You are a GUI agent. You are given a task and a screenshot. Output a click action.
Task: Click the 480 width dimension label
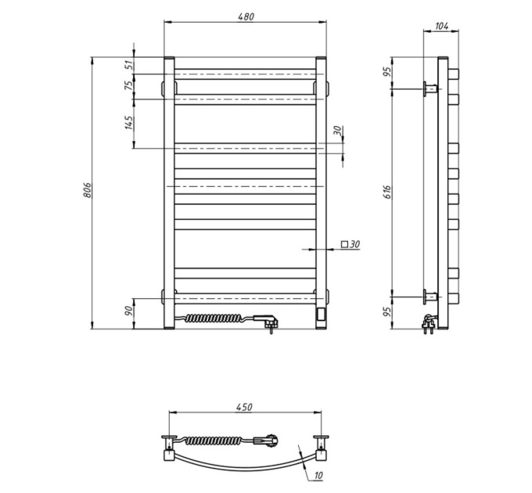(246, 16)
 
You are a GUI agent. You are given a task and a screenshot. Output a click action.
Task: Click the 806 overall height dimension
(87, 190)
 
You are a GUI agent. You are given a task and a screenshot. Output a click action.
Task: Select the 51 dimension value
(129, 65)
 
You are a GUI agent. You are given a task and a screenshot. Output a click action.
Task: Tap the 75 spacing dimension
(129, 85)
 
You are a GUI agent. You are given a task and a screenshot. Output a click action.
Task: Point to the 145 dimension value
(129, 123)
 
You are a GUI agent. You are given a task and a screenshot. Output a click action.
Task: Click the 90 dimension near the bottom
(128, 311)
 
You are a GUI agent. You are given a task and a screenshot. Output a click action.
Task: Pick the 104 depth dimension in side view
(441, 26)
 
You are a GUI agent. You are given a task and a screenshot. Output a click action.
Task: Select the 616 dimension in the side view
(388, 192)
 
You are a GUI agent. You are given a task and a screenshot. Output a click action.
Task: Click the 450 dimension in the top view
(245, 407)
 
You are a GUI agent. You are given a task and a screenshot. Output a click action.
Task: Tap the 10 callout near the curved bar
(318, 476)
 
